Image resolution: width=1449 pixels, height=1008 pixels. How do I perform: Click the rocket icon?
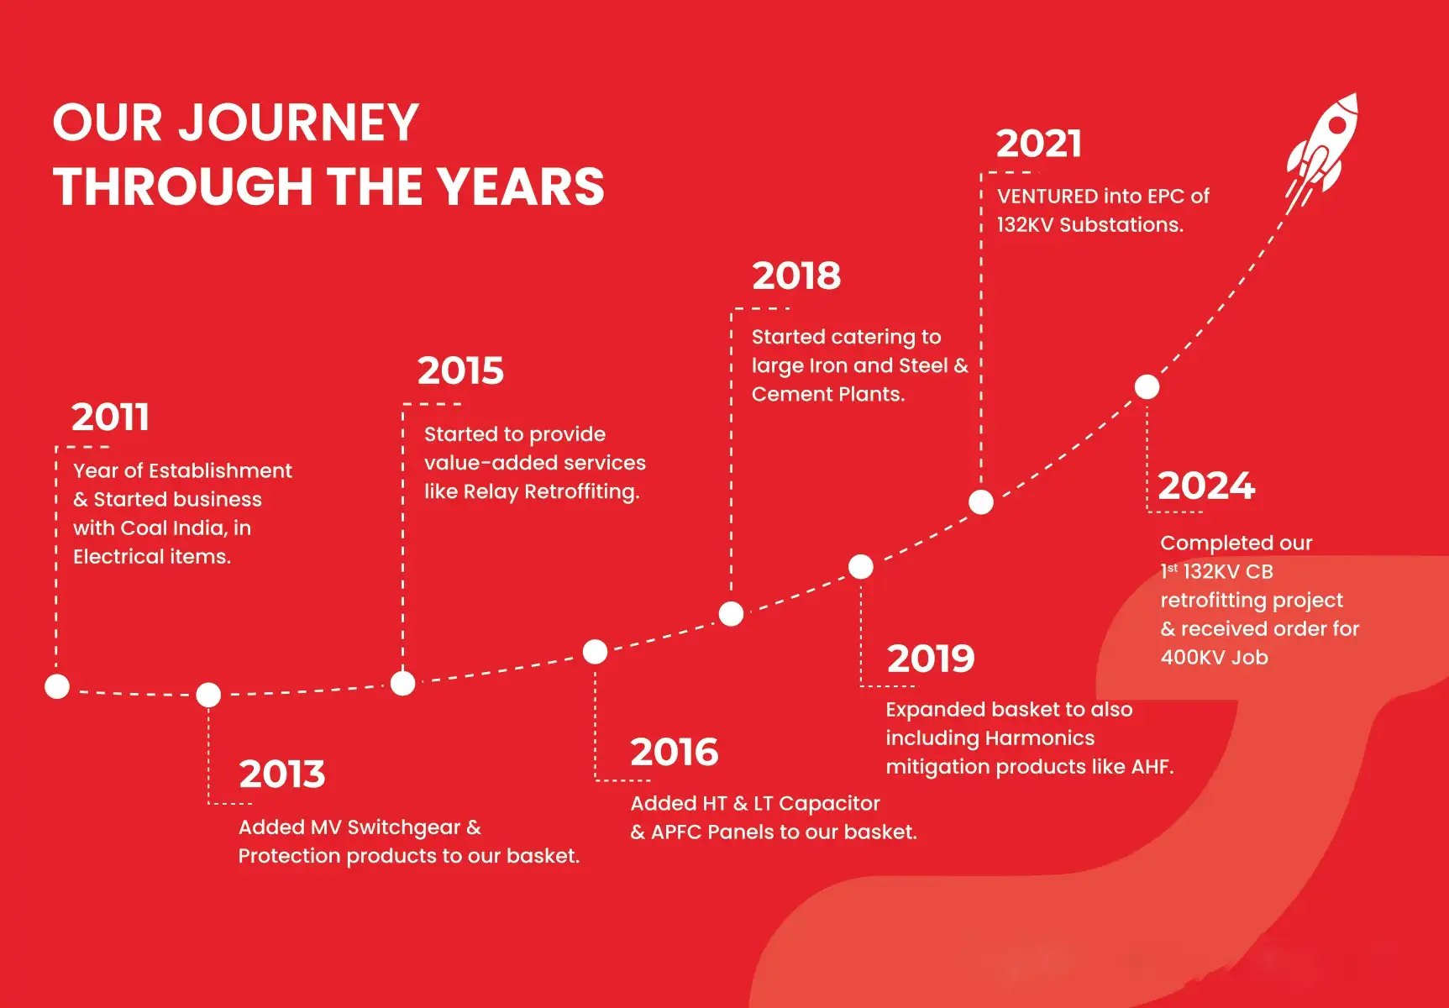coord(1321,151)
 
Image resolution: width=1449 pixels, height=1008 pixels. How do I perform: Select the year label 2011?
coord(110,417)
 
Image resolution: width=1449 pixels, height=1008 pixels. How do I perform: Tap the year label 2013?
coord(281,774)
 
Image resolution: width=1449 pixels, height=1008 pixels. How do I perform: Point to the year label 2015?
coord(460,370)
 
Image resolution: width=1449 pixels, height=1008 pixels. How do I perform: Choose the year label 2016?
coord(675,752)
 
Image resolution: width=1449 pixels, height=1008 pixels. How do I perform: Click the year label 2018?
coord(796,276)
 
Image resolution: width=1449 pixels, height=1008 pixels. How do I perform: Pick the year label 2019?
coord(931,659)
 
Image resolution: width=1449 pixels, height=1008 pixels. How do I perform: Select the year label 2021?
coord(1038,144)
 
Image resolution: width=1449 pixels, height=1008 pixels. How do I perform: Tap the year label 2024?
coord(1206,486)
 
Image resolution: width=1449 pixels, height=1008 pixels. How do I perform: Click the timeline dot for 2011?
coord(57,686)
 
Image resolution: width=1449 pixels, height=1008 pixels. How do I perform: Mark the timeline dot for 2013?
coord(208,695)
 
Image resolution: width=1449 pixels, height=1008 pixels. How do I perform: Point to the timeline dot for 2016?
coord(595,651)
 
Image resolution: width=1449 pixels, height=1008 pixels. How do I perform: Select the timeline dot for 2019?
coord(861,566)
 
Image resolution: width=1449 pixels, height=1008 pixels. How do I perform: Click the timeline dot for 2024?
coord(1147,386)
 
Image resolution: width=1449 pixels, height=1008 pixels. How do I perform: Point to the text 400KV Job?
coord(1215,657)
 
